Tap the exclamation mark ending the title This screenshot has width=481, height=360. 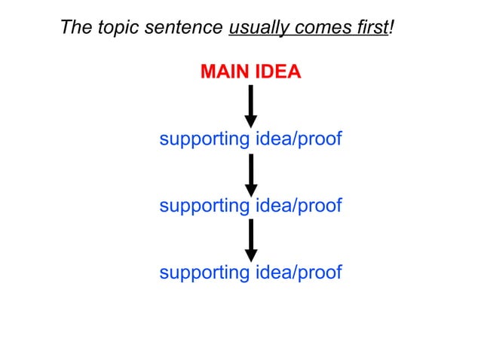point(392,28)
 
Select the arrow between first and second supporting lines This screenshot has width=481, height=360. point(251,175)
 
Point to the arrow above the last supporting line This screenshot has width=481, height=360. point(251,240)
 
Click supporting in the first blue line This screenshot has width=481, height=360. point(204,139)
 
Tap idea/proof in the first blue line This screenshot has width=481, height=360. point(297,139)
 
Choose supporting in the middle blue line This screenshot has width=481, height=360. point(204,206)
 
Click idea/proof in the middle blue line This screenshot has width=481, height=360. point(297,206)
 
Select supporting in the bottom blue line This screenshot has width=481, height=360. point(204,272)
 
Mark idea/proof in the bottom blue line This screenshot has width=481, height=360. point(297,272)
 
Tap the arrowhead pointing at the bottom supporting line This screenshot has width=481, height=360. point(251,255)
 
